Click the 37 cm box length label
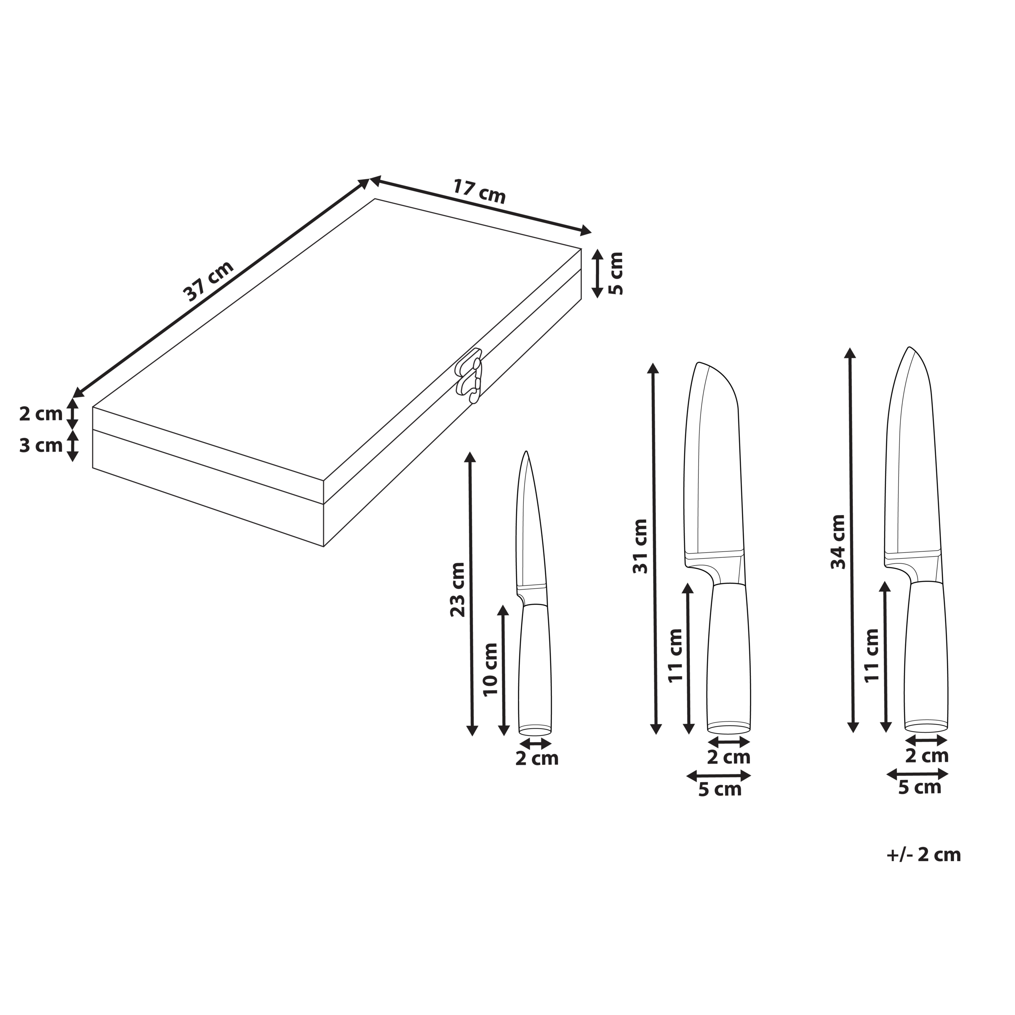(208, 281)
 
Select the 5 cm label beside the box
(615, 273)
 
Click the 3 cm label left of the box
(41, 446)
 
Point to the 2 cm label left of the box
(41, 414)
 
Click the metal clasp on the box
(469, 375)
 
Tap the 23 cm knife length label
(458, 589)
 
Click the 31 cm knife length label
(640, 546)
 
